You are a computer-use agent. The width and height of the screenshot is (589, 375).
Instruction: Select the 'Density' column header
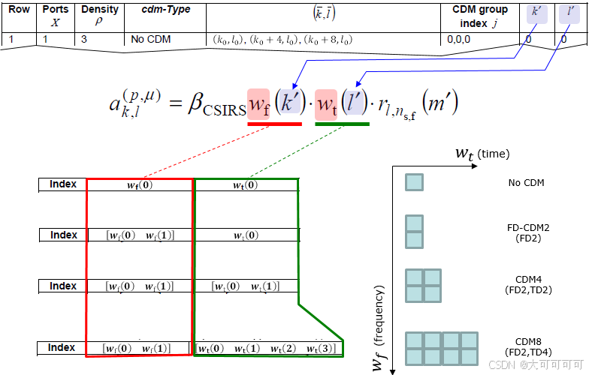[x=100, y=10]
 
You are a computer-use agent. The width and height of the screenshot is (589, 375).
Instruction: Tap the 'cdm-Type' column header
[x=166, y=10]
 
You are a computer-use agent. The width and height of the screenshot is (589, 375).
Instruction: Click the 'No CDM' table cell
[x=149, y=39]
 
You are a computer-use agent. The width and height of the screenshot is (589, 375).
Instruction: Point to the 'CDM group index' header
[x=480, y=16]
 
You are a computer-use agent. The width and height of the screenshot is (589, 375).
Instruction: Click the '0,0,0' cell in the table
[x=465, y=39]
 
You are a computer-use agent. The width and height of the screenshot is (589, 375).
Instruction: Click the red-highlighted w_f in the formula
[x=258, y=103]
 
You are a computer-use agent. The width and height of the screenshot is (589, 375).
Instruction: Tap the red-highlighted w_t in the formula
[x=326, y=103]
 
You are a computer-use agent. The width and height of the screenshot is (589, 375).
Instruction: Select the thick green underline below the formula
[x=342, y=124]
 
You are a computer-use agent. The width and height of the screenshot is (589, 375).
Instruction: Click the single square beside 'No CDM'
[x=414, y=182]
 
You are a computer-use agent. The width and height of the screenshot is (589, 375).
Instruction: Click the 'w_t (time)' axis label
[x=482, y=154]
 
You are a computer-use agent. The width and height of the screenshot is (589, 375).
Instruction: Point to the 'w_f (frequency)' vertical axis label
[x=380, y=326]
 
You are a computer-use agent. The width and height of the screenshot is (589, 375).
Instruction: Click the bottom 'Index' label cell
[x=63, y=348]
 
